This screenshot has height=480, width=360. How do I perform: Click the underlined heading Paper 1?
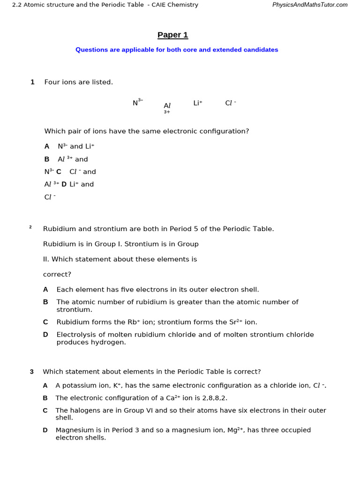172,35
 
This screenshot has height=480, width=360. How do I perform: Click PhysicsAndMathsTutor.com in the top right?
310,5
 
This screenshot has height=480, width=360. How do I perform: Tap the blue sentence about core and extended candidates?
177,50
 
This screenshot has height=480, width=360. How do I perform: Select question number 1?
32,82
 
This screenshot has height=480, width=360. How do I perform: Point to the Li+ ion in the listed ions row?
197,103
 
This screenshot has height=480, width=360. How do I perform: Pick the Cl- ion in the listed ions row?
230,103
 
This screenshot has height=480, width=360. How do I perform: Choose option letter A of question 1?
47,146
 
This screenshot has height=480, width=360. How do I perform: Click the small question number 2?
30,227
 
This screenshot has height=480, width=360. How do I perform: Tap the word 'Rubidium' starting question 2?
59,229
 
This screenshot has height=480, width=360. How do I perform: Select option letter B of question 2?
45,302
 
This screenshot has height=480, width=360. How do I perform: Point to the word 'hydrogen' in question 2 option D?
112,342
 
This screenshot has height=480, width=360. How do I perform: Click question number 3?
32,372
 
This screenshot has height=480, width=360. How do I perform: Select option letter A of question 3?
45,385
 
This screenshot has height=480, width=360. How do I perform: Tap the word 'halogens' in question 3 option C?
84,410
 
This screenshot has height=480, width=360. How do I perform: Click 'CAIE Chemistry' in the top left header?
175,5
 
